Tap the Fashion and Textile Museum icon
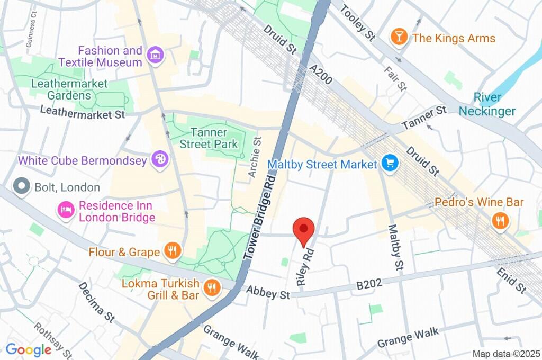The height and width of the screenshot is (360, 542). click(155, 55)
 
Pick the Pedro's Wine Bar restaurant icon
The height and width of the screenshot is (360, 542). click(499, 221)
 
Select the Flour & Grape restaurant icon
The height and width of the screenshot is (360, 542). click(171, 251)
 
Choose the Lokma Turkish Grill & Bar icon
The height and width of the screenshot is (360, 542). click(212, 288)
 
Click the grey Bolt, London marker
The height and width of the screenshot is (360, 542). click(22, 187)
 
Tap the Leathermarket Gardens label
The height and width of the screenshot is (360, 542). click(69, 89)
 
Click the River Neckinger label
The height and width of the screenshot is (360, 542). click(486, 104)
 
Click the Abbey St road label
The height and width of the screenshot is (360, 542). click(268, 292)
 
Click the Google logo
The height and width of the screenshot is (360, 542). click(28, 349)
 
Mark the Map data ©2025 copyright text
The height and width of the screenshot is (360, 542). click(505, 353)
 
